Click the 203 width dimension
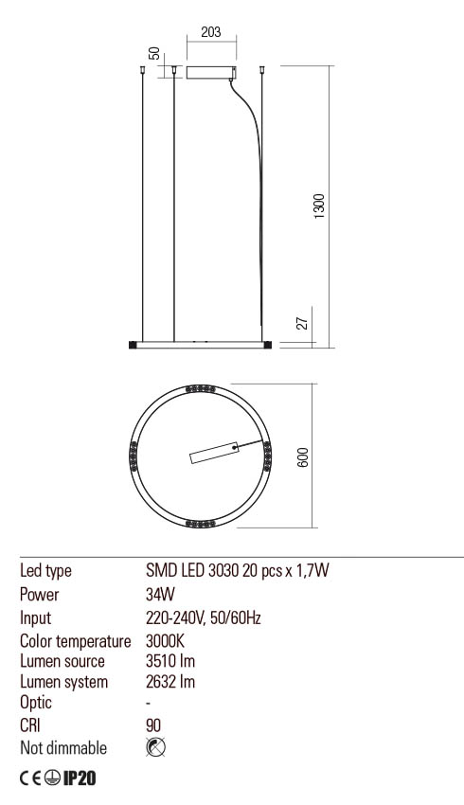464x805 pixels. point(211,33)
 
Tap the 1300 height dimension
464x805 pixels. point(318,206)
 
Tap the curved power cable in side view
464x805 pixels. point(255,170)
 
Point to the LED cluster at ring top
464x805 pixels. point(200,389)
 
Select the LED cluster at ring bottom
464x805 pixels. point(200,522)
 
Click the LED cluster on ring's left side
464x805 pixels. point(134,456)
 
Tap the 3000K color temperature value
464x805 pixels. point(166,640)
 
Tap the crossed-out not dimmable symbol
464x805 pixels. point(157,748)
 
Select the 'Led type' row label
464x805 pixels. point(46,571)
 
